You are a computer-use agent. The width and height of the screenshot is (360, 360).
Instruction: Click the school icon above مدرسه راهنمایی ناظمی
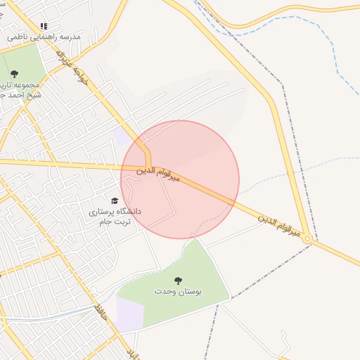pos(44,26)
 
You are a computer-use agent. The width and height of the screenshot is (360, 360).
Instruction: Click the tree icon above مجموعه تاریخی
pos(14,73)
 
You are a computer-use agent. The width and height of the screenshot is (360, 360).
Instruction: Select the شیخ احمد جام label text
pos(20,94)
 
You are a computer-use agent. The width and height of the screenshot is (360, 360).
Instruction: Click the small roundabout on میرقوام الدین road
pos(307,240)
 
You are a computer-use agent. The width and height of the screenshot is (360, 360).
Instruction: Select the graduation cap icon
pos(115,201)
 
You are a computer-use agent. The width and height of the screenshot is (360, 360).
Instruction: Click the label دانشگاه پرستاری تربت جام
pos(115,216)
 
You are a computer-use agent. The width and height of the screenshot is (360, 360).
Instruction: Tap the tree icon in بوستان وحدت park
pos(177,280)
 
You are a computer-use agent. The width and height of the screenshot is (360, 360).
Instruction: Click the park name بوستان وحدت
pos(177,291)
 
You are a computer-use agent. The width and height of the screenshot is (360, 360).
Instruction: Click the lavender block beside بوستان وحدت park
pos(129,314)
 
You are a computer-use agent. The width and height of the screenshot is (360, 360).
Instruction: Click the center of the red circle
pos(180,179)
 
